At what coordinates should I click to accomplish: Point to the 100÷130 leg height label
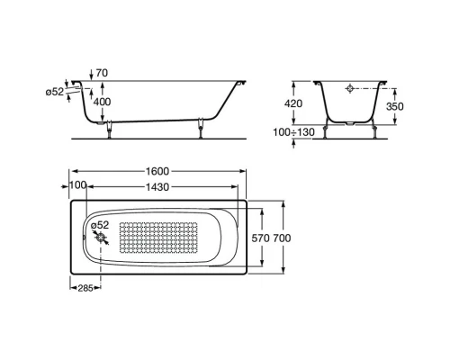292,133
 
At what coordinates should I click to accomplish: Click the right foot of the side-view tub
199,132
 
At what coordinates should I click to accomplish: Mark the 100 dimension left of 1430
76,185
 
